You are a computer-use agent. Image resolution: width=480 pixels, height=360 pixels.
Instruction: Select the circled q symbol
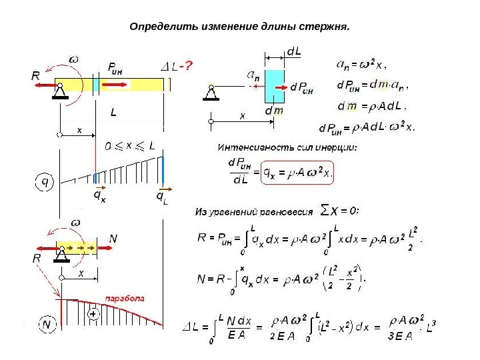coord(45,181)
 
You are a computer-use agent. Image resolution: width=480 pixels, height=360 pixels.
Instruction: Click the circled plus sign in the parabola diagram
coord(93,312)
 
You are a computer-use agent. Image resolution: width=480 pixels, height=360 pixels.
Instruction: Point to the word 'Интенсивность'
coord(251,147)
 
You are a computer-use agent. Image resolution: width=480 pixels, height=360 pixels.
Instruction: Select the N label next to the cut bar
coord(113,239)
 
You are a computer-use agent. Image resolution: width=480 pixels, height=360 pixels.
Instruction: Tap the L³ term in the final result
coord(430,327)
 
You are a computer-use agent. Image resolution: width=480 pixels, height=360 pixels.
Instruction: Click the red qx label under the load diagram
coord(97,197)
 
